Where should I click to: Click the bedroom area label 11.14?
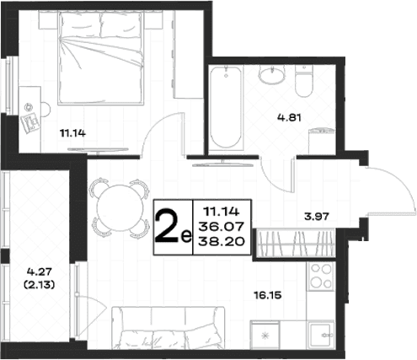(x=72, y=133)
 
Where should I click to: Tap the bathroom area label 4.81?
(x=289, y=117)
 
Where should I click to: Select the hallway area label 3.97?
(x=317, y=217)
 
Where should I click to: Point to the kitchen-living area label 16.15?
(x=267, y=295)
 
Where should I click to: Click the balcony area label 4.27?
(x=40, y=271)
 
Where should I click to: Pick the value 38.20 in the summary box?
(x=222, y=241)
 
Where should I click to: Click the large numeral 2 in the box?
(x=167, y=226)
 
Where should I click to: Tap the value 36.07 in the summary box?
(x=222, y=226)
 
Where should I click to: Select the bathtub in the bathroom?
(x=225, y=107)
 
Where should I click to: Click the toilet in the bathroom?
(x=304, y=83)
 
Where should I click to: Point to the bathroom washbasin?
(x=271, y=74)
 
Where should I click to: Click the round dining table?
(x=120, y=207)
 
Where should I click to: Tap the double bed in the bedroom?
(x=100, y=58)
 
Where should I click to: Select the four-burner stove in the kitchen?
(x=320, y=277)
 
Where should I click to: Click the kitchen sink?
(x=321, y=336)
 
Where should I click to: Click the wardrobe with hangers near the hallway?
(x=296, y=243)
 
